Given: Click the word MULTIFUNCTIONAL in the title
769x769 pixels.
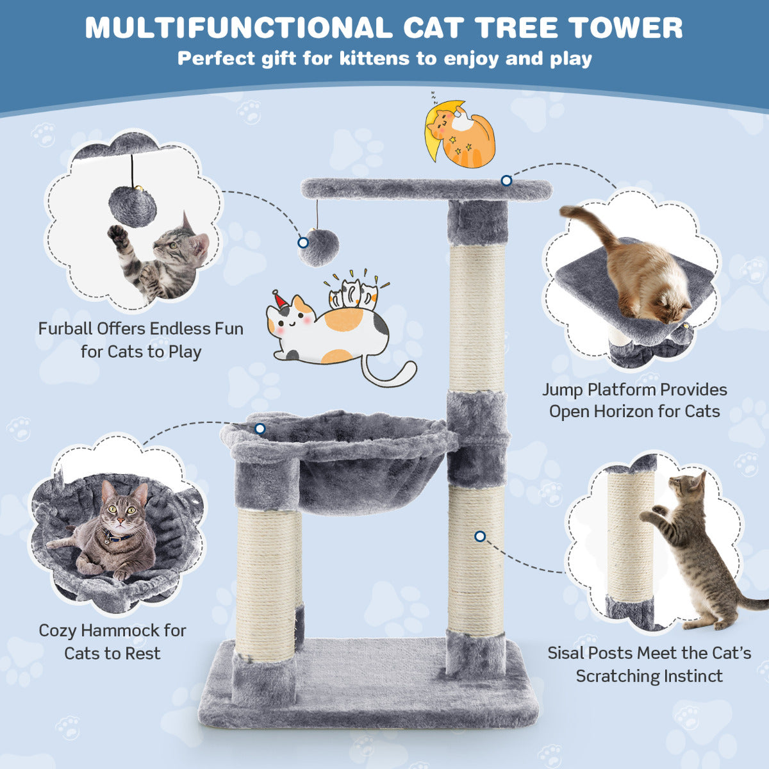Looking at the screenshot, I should click(237, 28).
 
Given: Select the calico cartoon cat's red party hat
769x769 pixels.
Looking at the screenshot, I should click(280, 299).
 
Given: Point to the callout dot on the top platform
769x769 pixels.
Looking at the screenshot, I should click(506, 181).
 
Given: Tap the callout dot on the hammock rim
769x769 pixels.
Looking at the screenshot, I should click(260, 429).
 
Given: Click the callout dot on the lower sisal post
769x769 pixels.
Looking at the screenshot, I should click(480, 536).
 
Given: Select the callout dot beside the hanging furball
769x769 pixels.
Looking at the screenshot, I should click(302, 243).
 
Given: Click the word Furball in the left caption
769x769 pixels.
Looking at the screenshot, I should click(65, 329).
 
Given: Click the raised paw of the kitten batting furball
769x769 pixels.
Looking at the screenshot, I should click(117, 235).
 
